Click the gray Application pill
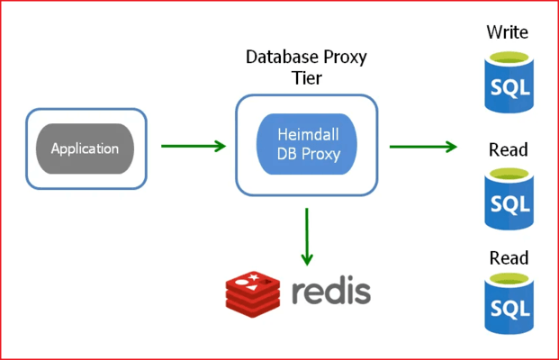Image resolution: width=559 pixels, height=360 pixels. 86,148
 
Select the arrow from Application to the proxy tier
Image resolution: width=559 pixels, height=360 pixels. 193,146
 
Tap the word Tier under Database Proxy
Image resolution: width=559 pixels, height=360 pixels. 306,79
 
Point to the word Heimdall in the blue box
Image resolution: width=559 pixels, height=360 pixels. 307,134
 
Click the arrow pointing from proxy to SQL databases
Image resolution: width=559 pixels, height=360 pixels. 423,146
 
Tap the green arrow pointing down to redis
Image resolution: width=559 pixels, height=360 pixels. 307,236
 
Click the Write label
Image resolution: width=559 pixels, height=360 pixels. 508,33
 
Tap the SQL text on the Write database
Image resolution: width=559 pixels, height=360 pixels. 508,89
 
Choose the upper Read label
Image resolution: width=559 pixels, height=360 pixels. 508,149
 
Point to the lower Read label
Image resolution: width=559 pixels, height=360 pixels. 508,258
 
